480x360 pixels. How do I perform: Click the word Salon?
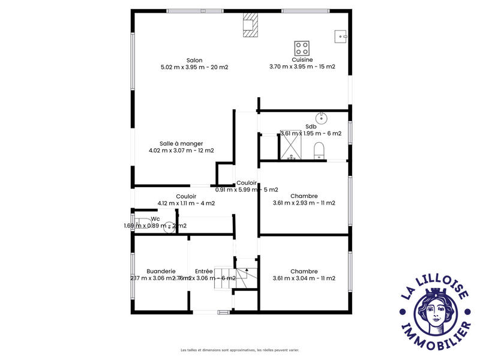coord(194,60)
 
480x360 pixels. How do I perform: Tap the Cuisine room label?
coord(302,60)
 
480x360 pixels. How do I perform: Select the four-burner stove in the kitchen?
coord(302,47)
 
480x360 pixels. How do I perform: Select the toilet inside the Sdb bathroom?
coord(319,149)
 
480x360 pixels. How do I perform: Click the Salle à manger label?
coord(181,143)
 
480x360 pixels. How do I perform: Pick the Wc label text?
coord(155,219)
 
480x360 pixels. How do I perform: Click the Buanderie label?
coord(148,271)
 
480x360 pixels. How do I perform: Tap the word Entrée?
coord(204,271)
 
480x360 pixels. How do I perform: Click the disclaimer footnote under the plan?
coord(240,350)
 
